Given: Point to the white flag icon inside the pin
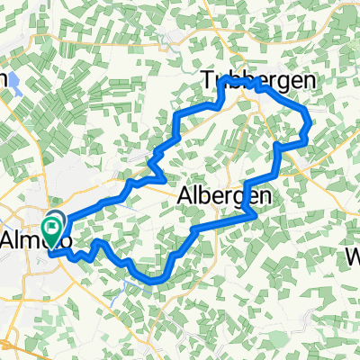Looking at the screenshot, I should (53, 221).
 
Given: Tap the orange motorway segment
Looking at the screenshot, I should (18, 347).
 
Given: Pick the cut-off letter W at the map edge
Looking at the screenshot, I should (353, 257).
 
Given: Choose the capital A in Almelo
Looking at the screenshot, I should (11, 240).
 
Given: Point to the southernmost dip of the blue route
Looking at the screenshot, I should (153, 281).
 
